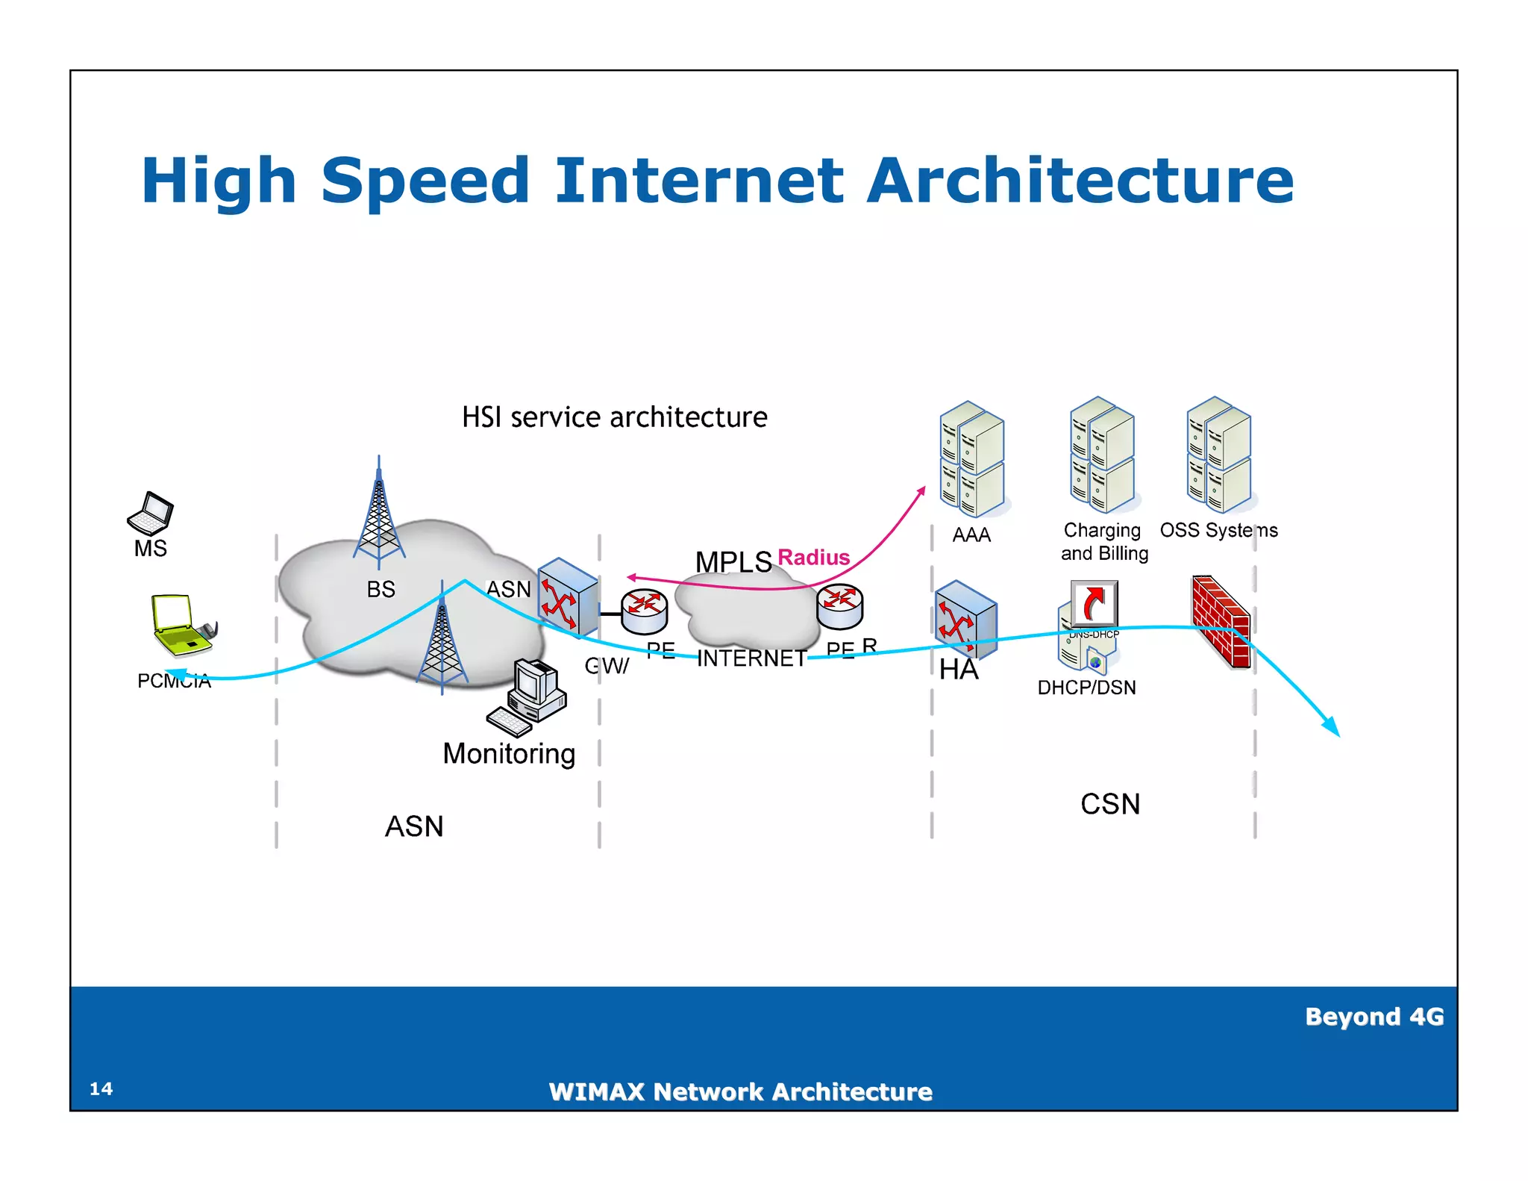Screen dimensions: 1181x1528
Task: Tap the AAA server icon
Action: pos(971,458)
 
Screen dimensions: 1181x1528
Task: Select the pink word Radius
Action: pos(813,557)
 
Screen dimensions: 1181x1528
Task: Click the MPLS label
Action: pos(733,561)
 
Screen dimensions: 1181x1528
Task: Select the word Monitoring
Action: pos(509,753)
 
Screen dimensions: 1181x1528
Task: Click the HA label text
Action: pos(959,670)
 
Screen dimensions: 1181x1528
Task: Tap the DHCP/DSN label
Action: pos(1086,687)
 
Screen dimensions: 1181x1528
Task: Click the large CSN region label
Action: pos(1110,804)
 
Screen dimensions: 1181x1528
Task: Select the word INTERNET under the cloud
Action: pos(751,658)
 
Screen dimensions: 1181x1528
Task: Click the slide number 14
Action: pos(101,1088)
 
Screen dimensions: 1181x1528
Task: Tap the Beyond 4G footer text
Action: pos(1374,1016)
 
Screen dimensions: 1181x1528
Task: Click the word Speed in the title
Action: pos(425,181)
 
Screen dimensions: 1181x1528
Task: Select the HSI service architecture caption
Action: pos(614,417)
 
